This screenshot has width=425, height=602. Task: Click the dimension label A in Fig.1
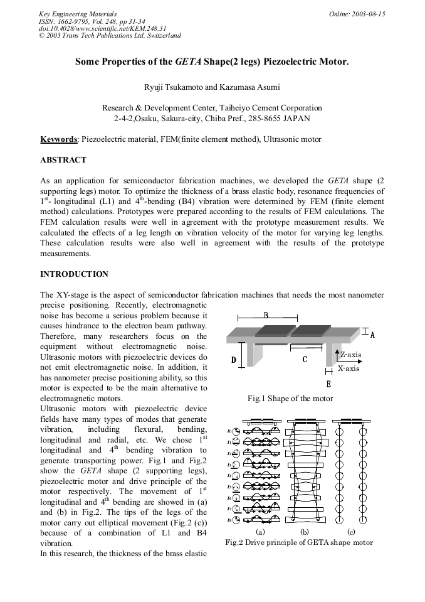pyautogui.click(x=372, y=335)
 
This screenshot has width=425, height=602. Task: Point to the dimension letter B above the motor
pyautogui.click(x=266, y=315)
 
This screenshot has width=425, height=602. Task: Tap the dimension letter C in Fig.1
pyautogui.click(x=305, y=360)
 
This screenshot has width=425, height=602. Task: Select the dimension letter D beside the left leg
pyautogui.click(x=234, y=360)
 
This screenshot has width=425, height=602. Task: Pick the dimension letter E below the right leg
pyautogui.click(x=328, y=384)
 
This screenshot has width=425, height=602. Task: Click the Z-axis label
pyautogui.click(x=350, y=355)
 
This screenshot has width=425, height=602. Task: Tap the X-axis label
pyautogui.click(x=349, y=368)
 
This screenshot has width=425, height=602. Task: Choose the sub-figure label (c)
pyautogui.click(x=351, y=532)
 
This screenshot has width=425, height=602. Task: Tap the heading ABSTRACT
pyautogui.click(x=63, y=160)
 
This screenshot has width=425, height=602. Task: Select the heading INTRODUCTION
pyautogui.click(x=74, y=274)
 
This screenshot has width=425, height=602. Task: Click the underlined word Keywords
pyautogui.click(x=59, y=139)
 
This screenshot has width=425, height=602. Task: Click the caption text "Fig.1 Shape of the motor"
pyautogui.click(x=290, y=399)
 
